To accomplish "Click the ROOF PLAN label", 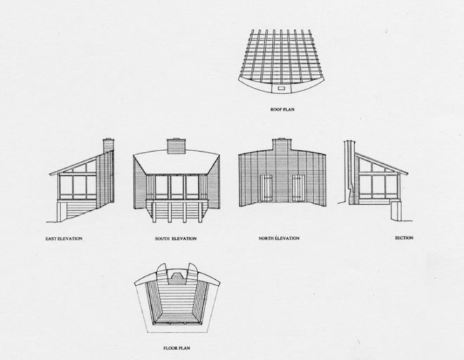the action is pyautogui.click(x=283, y=110).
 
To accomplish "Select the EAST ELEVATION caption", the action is pyautogui.click(x=64, y=238).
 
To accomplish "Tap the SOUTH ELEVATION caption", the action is pyautogui.click(x=176, y=238).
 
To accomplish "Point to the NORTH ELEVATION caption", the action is pyautogui.click(x=279, y=238).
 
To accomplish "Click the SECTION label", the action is pyautogui.click(x=404, y=238).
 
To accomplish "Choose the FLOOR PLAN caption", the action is pyautogui.click(x=176, y=349).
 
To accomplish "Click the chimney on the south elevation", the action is pyautogui.click(x=176, y=146).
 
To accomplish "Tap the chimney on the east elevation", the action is pyautogui.click(x=108, y=146).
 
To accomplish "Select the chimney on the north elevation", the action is pyautogui.click(x=282, y=145).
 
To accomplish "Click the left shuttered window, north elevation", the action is pyautogui.click(x=266, y=188).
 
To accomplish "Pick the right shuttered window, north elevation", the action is pyautogui.click(x=298, y=188).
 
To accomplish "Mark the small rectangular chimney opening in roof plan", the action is pyautogui.click(x=281, y=89).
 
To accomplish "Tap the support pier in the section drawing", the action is pyautogui.click(x=396, y=211).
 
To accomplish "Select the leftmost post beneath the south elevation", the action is pyautogui.click(x=154, y=212).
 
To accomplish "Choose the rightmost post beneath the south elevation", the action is pyautogui.click(x=200, y=212).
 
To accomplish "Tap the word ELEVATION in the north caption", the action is pyautogui.click(x=288, y=238).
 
